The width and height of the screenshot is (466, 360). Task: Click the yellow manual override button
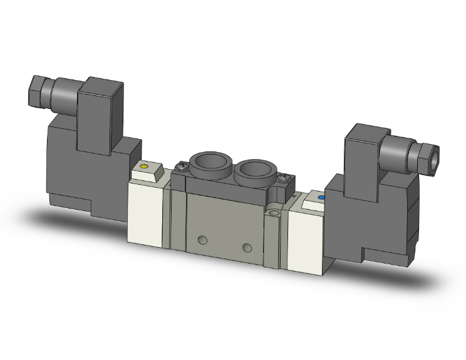(x=144, y=167)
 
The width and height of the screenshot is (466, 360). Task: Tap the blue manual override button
(x=322, y=198)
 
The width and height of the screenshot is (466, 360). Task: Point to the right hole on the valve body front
(x=249, y=246)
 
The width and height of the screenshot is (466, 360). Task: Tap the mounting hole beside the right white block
(x=273, y=215)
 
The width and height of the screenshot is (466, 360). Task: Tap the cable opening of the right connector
(x=434, y=162)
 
